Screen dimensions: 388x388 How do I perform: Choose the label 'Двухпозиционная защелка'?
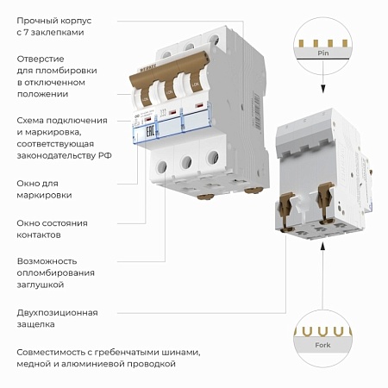click(x=57, y=318)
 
